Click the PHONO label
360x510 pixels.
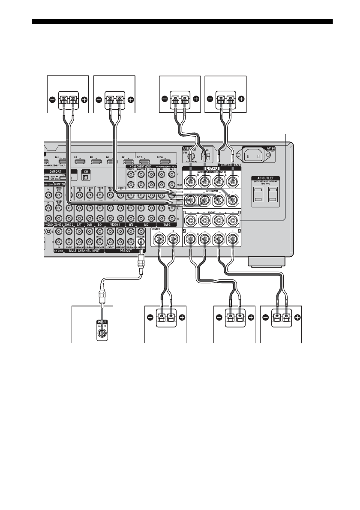(x=50, y=224)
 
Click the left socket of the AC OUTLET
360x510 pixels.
(x=259, y=195)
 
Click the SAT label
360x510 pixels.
(x=78, y=224)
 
